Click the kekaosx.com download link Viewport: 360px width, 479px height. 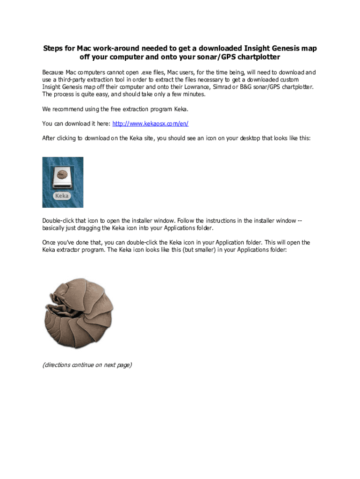point(150,123)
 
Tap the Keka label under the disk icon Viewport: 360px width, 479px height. point(62,196)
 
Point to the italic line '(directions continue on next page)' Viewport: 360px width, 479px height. point(87,365)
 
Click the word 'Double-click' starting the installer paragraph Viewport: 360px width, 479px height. point(59,220)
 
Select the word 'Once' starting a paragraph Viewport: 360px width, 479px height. point(49,242)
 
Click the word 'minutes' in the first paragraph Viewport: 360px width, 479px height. point(193,94)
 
